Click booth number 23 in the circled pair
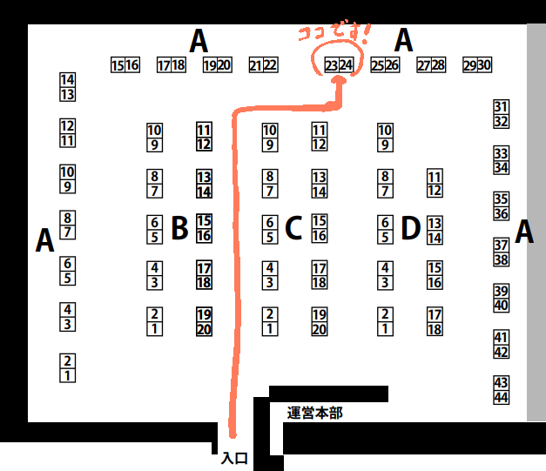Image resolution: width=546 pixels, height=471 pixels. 332,65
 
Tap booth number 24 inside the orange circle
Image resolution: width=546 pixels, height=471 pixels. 346,65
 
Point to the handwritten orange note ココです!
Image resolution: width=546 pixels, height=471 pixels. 334,36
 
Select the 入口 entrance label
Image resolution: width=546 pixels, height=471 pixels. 234,458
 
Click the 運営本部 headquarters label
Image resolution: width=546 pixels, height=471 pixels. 314,413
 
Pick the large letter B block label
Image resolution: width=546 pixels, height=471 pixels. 179,228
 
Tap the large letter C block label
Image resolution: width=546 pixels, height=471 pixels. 293,228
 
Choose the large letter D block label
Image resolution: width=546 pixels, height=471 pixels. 410,228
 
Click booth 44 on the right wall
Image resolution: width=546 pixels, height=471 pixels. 501,397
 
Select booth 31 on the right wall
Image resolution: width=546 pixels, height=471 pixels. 501,106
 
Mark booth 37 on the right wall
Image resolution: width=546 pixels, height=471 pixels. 501,245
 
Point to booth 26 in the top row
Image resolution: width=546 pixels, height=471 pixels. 392,65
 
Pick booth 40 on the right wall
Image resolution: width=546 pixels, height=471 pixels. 501,306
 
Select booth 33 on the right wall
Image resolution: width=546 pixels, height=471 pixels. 501,152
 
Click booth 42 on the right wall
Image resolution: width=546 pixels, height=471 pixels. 501,352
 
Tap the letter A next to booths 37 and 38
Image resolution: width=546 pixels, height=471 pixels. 523,232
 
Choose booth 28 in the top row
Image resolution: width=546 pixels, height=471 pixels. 438,65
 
